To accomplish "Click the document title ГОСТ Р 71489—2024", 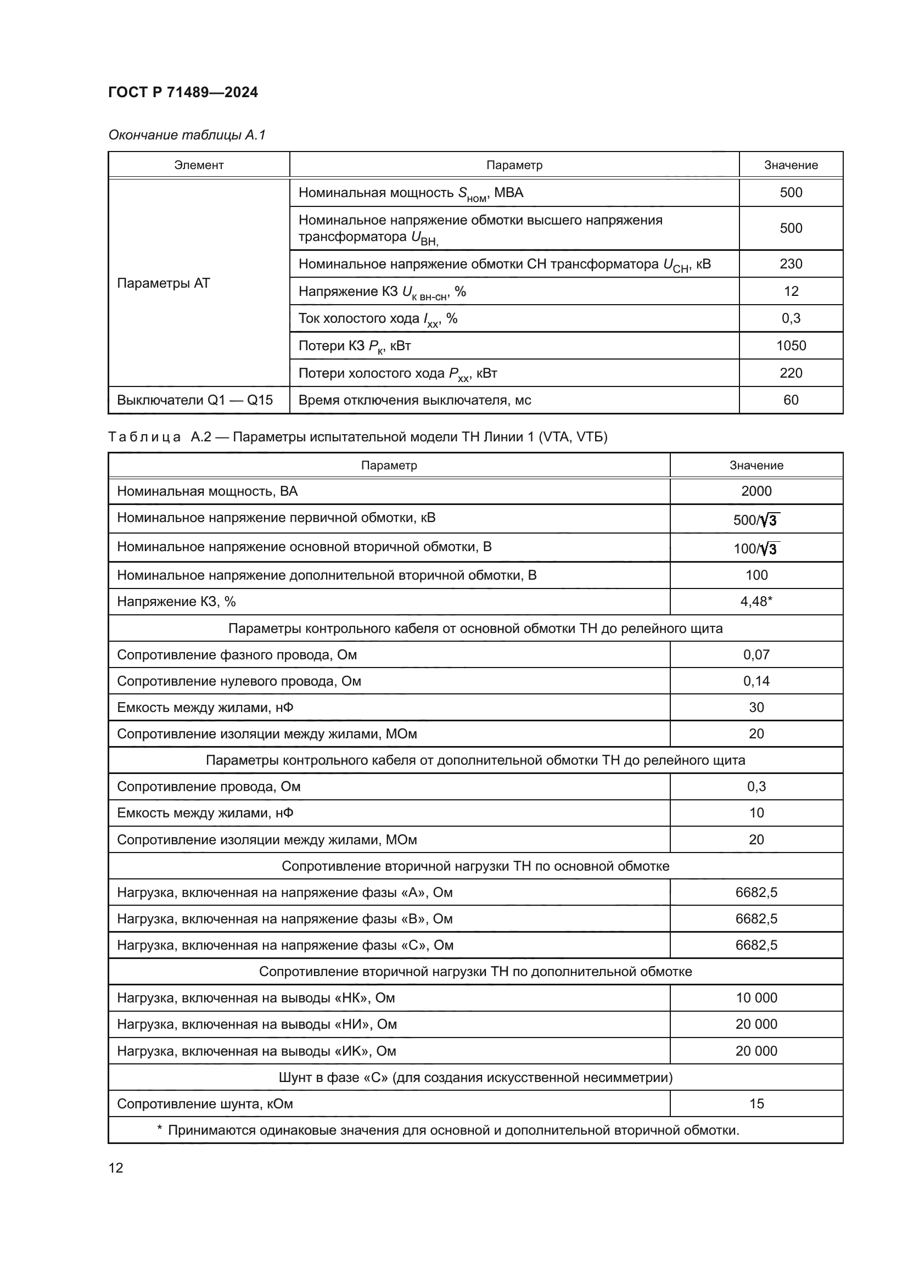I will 183,93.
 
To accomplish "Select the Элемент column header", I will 199,165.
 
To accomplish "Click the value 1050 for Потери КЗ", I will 791,346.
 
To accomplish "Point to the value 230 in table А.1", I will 791,264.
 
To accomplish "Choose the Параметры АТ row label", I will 163,283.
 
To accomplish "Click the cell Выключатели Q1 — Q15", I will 194,400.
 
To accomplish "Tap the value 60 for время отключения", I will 791,400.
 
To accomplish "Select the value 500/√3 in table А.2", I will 756,520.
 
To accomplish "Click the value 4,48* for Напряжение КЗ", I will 756,602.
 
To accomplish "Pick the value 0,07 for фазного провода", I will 756,655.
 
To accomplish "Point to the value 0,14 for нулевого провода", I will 756,681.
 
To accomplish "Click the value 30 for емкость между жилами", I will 756,708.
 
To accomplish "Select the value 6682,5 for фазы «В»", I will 756,919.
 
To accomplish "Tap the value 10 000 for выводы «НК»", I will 756,998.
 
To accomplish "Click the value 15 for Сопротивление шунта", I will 756,1104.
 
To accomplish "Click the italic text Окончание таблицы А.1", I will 187,135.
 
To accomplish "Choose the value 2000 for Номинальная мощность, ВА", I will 756,491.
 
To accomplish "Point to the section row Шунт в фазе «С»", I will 475,1078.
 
